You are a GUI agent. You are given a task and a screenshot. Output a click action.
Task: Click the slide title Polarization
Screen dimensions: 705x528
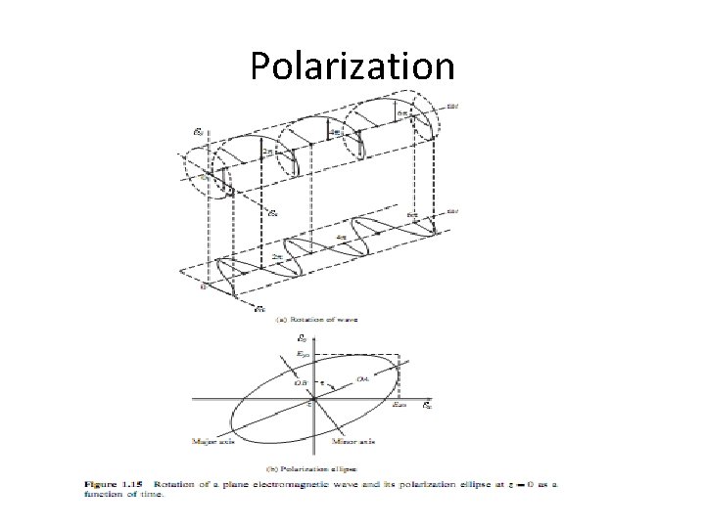[x=352, y=66]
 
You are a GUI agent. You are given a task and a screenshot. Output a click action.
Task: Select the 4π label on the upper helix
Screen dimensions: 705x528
[x=336, y=133]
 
